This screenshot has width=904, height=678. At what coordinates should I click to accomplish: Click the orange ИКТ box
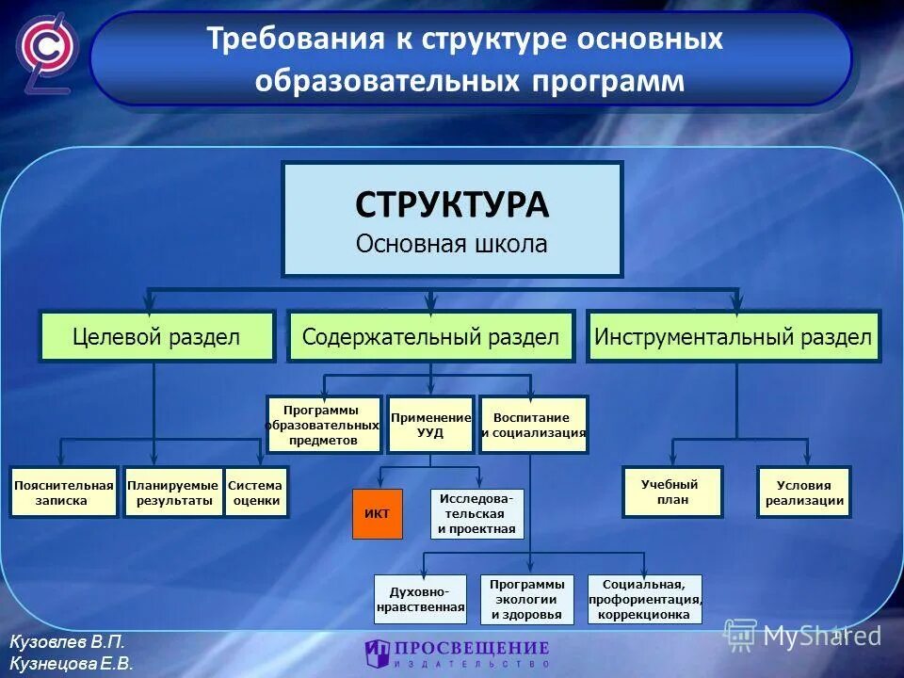(377, 513)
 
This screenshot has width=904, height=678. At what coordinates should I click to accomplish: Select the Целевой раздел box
(156, 336)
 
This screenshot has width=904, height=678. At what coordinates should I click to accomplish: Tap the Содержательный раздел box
(430, 336)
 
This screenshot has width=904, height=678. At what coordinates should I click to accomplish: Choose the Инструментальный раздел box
(733, 336)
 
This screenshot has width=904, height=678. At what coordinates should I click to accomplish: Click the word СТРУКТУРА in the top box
(452, 204)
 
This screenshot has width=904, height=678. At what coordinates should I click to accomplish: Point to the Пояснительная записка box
(63, 492)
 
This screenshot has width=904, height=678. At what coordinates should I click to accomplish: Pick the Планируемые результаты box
(174, 492)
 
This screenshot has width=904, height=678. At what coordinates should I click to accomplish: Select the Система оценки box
(255, 492)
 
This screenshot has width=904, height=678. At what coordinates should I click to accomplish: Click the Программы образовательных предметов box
(324, 425)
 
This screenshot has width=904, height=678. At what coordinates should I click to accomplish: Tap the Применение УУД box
(430, 425)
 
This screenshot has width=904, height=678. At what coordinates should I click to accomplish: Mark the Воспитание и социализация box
(533, 425)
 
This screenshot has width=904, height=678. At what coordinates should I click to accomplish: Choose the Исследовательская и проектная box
(476, 513)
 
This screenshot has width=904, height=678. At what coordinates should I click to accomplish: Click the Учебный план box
(671, 492)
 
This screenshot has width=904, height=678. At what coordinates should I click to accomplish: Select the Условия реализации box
(803, 492)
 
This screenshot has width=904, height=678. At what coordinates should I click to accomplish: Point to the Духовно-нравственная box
(421, 600)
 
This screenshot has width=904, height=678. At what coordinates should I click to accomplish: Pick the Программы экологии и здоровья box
(526, 600)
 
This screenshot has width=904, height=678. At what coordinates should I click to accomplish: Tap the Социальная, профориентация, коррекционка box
(645, 600)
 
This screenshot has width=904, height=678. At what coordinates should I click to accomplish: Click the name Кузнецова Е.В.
(71, 662)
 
